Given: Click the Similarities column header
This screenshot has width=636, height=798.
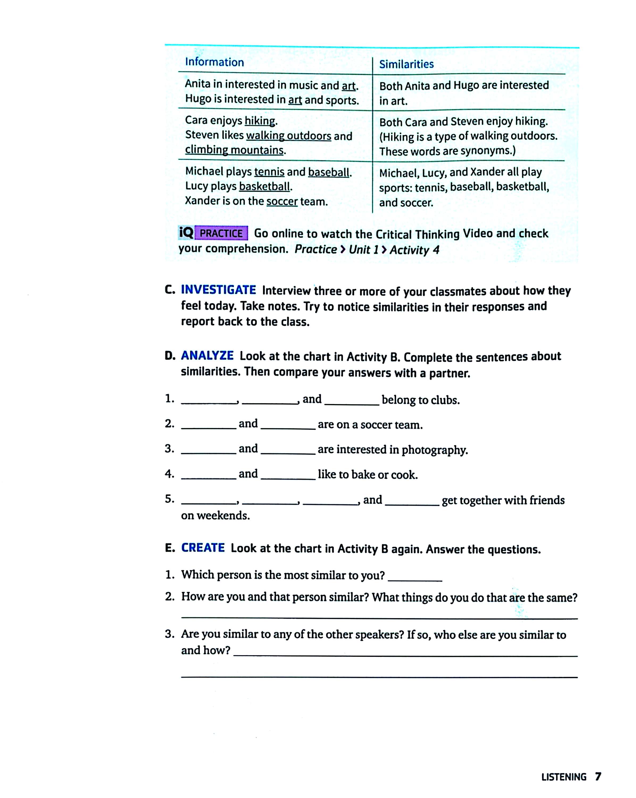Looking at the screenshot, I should tap(406, 64).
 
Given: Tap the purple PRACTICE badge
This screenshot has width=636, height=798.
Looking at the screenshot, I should tap(221, 233).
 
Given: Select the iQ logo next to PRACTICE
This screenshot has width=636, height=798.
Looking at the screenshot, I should tap(186, 233).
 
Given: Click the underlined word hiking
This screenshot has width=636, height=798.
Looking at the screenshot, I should tap(260, 121).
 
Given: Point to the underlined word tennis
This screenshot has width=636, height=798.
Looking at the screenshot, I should tap(269, 172).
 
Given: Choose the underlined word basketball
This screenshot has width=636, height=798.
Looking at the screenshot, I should tap(264, 186).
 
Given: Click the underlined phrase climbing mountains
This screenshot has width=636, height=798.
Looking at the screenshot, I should tap(235, 150).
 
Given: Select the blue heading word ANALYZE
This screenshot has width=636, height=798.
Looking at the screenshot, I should tap(207, 355).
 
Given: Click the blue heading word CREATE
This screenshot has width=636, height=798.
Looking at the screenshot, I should tap(203, 548).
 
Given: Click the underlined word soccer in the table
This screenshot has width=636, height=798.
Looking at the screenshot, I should tap(282, 201).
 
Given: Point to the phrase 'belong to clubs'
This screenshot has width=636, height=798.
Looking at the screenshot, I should tap(421, 400).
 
